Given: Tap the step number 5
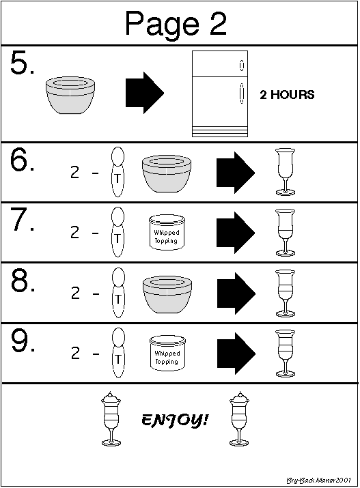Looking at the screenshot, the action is (x=22, y=63).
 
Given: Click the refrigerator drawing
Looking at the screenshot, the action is (x=220, y=94).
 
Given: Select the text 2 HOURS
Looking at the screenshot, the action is (x=287, y=95).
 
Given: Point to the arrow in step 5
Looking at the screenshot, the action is (x=145, y=93).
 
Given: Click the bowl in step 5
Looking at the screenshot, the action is (x=70, y=96).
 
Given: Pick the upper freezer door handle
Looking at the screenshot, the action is (x=241, y=65).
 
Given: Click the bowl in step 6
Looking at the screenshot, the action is (x=167, y=173).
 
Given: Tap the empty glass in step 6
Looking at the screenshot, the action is (x=285, y=172).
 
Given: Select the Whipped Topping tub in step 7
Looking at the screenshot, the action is (x=167, y=232).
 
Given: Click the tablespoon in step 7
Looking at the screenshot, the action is (x=117, y=232).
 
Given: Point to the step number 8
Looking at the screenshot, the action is (x=23, y=281).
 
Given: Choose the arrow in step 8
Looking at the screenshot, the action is (x=236, y=293).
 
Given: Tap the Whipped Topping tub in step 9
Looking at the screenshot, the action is (x=167, y=353).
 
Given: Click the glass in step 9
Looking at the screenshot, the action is (x=285, y=354).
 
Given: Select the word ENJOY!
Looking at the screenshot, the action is (x=175, y=420).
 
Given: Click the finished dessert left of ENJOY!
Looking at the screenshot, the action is (x=111, y=419).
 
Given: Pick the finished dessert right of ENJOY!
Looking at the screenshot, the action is (x=239, y=419).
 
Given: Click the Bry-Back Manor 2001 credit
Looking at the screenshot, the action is (x=318, y=480).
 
